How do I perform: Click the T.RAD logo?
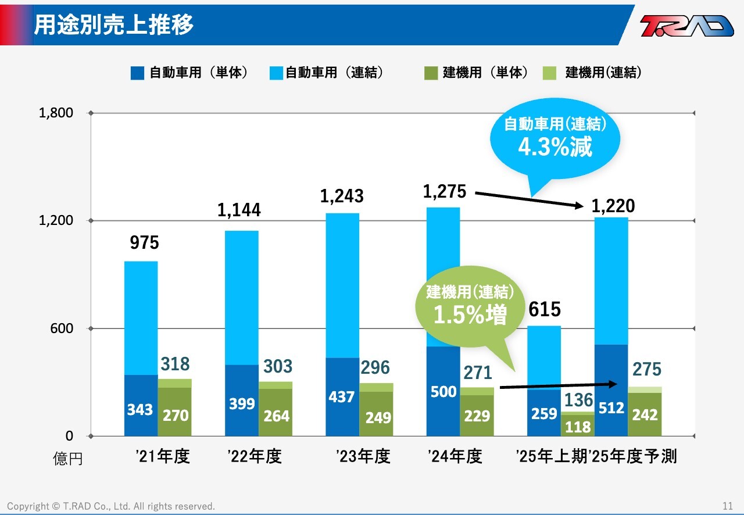(686, 26)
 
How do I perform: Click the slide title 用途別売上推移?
(114, 25)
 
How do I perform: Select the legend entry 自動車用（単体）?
(190, 73)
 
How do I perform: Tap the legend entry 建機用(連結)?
(595, 73)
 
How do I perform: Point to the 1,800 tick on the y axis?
(56, 113)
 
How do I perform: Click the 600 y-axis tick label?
(61, 328)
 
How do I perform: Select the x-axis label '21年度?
(162, 456)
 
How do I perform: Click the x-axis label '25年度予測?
(634, 456)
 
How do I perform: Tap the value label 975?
(144, 243)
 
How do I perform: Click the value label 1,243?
(342, 196)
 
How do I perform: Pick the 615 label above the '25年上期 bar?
(545, 310)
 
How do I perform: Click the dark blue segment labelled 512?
(611, 389)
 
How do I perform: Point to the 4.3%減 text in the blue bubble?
(555, 148)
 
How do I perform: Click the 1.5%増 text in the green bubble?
(470, 315)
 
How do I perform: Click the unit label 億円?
(68, 459)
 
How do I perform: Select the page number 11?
(728, 506)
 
